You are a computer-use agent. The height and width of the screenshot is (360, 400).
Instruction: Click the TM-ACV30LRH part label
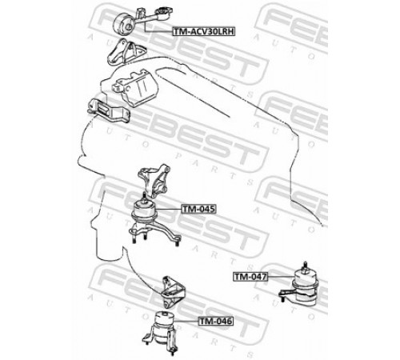[203, 31]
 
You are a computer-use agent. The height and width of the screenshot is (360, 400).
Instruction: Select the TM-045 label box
[198, 209]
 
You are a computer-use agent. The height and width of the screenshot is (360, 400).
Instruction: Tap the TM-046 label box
[216, 321]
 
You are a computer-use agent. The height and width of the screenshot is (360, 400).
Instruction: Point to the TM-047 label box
[250, 277]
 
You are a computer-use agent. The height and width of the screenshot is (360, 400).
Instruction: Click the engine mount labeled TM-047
[301, 286]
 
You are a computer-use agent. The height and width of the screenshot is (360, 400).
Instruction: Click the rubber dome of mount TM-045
[144, 211]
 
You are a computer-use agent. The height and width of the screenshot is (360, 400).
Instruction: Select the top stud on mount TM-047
[305, 267]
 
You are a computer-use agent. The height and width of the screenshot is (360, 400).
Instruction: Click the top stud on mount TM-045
[144, 197]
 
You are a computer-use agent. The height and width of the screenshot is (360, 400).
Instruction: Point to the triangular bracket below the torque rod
[125, 52]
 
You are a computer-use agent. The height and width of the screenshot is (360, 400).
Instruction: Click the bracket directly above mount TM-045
[154, 181]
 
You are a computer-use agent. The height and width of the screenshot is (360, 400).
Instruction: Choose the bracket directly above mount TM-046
[173, 292]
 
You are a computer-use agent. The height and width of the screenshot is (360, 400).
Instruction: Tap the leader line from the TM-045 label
[169, 209]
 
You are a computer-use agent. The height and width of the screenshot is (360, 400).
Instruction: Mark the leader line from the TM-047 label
[281, 277]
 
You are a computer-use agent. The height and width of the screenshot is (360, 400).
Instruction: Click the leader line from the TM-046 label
[186, 321]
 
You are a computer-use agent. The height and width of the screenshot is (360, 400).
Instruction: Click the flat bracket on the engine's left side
[109, 111]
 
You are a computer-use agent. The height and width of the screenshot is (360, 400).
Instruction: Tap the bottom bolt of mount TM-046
[173, 351]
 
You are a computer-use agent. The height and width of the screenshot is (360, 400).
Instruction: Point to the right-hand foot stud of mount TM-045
[178, 242]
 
